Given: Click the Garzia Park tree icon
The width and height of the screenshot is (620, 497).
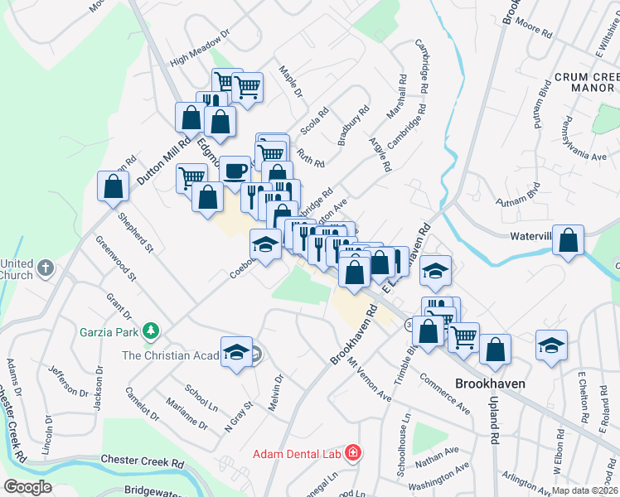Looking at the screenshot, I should [x=150, y=332].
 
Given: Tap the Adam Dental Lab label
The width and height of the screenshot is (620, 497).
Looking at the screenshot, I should [x=298, y=454].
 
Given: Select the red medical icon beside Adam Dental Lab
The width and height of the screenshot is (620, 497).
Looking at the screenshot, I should [x=353, y=453].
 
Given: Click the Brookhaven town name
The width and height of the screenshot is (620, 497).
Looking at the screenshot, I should [x=492, y=384].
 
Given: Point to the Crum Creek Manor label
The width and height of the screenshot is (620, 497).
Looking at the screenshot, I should [x=585, y=81].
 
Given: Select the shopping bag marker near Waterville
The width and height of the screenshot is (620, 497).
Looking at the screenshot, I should [x=569, y=241].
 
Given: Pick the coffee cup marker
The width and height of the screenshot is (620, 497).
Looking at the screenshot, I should [x=235, y=171].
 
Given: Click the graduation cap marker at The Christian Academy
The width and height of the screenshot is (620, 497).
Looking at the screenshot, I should [x=236, y=352].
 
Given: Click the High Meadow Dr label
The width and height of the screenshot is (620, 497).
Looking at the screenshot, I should [x=197, y=51].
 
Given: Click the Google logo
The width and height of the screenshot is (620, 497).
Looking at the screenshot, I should [x=27, y=487].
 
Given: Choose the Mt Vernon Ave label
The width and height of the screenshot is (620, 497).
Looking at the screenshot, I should [x=369, y=379].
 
